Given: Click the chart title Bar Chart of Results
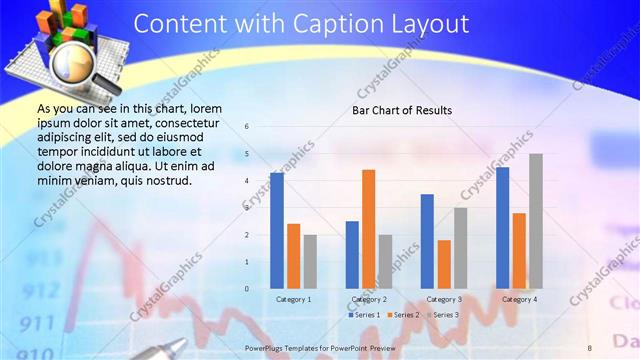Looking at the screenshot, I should point(401,110).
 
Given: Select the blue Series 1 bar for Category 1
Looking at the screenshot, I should point(277,230).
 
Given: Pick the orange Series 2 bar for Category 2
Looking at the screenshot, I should point(368,229).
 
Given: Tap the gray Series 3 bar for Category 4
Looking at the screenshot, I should point(535,221).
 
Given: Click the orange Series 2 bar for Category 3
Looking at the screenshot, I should point(443,264).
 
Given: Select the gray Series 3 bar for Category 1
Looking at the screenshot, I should point(310,261).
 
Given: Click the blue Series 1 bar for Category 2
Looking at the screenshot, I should point(352,255).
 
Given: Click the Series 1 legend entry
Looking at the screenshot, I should point(364,315).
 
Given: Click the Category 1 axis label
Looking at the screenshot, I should point(294,299).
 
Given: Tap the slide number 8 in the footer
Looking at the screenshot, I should point(589,346).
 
